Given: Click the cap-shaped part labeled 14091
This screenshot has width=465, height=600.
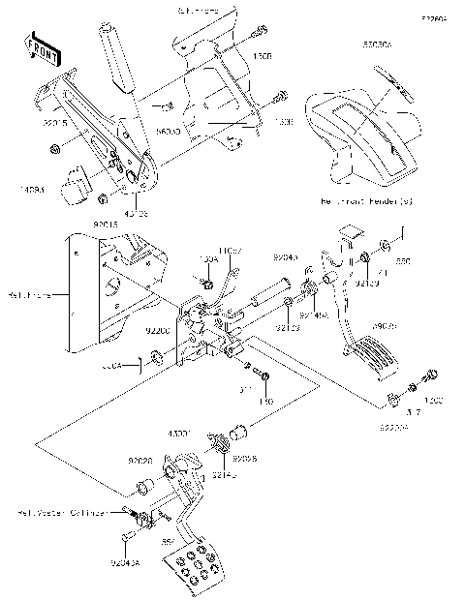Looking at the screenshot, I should pos(76,185).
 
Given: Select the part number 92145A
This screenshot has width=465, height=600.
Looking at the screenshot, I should pos(313,315).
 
